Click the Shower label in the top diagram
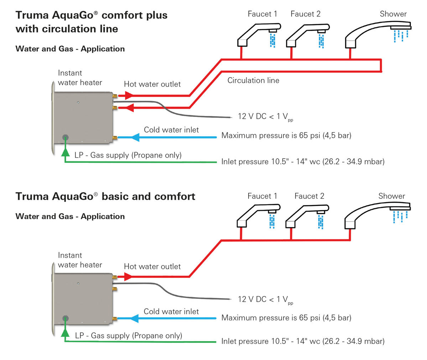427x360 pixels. coord(393,14)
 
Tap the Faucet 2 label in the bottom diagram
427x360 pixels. coord(309,196)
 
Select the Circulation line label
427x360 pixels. coord(253,80)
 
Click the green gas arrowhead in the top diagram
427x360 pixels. coord(65,152)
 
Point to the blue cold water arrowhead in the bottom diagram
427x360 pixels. coord(134,318)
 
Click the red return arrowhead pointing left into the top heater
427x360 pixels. coord(130,107)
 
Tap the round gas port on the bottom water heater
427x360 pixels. coord(65,318)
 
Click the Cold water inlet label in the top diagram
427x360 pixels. coord(171,130)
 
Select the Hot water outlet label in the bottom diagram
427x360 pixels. coord(152,266)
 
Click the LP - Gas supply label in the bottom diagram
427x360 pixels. coord(129,335)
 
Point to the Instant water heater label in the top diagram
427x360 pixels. coord(80,78)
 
